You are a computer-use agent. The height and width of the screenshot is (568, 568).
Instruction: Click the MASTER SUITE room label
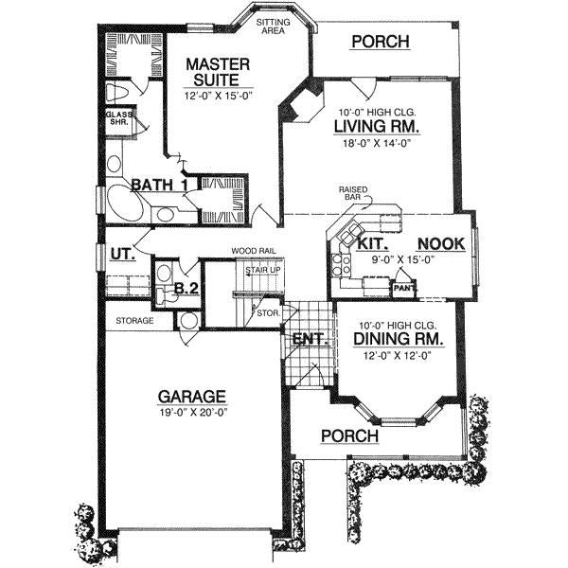pyautogui.click(x=217, y=73)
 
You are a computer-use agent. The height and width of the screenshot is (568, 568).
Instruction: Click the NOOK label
pyautogui.click(x=441, y=244)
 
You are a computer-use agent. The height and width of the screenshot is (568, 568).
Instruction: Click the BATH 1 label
pyautogui.click(x=158, y=185)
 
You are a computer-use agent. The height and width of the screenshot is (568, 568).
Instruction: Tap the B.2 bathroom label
pyautogui.click(x=186, y=289)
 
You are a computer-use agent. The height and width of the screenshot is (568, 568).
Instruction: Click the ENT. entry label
pyautogui.click(x=307, y=338)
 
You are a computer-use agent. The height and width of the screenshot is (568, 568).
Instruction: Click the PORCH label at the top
pyautogui.click(x=380, y=42)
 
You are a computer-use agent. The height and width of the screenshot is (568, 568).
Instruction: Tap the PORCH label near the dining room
pyautogui.click(x=348, y=436)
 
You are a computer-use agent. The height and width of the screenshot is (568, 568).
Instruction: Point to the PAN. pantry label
pyautogui.click(x=403, y=286)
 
